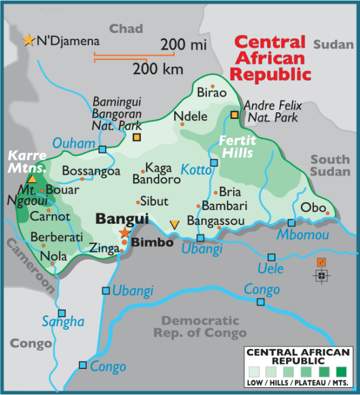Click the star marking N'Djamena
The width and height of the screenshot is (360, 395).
(x=29, y=40)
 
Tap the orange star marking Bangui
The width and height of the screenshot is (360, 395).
(x=125, y=232)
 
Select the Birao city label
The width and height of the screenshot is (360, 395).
(x=211, y=93)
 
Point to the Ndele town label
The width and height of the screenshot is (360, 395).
(x=191, y=117)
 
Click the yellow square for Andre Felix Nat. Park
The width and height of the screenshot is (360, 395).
(x=234, y=115)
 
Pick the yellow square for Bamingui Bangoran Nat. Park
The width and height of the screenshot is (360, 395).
(x=137, y=137)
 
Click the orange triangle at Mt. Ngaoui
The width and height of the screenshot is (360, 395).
(x=32, y=179)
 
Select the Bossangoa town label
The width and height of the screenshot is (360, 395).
(x=91, y=171)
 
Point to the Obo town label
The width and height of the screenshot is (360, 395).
(x=313, y=207)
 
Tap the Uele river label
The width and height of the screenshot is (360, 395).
(x=271, y=268)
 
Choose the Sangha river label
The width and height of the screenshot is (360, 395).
(x=63, y=322)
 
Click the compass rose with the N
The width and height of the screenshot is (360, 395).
(x=321, y=275)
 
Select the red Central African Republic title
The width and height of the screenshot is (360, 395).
(x=273, y=59)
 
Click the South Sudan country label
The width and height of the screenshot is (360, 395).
(x=330, y=165)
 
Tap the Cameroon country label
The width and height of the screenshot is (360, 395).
(x=30, y=267)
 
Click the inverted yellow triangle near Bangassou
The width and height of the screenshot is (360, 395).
(x=175, y=225)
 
